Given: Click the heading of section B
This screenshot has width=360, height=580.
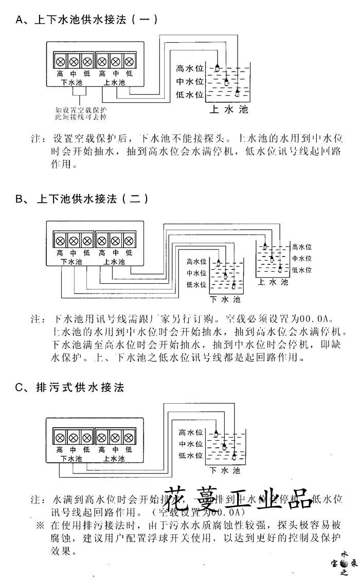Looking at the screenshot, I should (82, 198).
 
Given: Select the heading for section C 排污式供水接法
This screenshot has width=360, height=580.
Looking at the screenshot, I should (70, 387).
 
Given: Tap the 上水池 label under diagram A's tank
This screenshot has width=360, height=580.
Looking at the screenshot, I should (229, 110).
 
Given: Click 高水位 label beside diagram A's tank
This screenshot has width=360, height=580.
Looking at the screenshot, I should (190, 68).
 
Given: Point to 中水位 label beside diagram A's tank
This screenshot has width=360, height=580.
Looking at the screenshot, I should (190, 81).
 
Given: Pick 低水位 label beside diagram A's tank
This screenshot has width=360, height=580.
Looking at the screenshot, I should (190, 95).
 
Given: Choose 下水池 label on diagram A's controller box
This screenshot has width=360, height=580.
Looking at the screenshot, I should (71, 82).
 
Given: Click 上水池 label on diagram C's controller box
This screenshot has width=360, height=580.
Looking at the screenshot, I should (114, 459).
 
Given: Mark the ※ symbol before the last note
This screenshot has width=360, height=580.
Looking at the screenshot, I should (41, 526).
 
